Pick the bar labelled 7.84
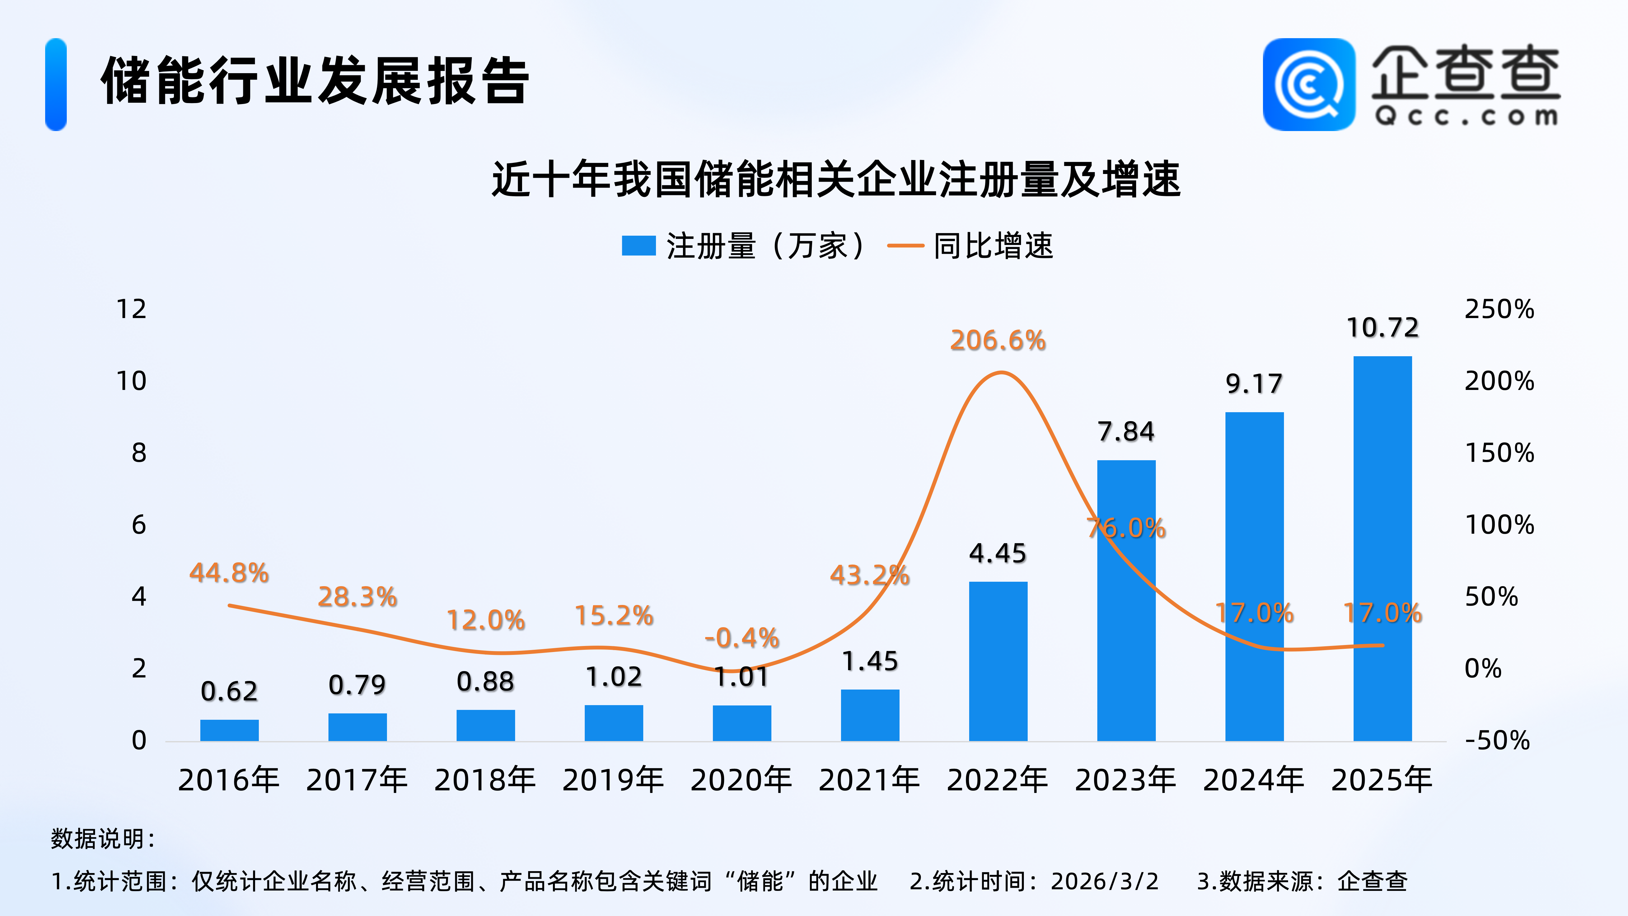pos(1126,600)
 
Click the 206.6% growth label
pos(998,341)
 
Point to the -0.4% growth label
pos(742,638)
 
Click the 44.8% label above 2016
pos(229,573)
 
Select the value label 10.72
pos(1382,328)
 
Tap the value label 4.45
pos(998,554)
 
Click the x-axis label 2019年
pos(613,780)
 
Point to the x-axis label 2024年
pos(1254,780)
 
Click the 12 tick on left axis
pos(131,309)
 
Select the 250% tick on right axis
pos(1499,309)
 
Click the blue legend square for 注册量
pos(638,246)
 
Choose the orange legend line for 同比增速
pos(906,246)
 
